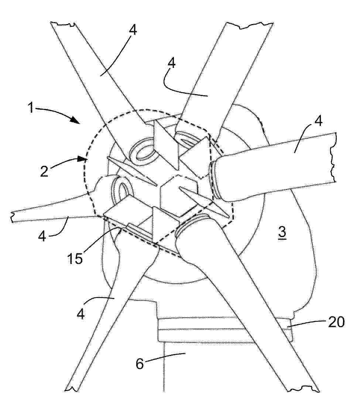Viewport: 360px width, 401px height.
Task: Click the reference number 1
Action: click(31, 107)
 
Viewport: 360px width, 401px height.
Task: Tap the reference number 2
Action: click(44, 171)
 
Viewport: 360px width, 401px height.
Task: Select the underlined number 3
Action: click(282, 233)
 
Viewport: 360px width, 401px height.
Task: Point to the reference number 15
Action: click(75, 258)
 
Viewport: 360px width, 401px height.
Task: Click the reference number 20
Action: click(336, 322)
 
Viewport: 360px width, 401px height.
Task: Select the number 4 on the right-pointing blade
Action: click(318, 121)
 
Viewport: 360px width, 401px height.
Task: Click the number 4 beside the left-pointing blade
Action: click(42, 236)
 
